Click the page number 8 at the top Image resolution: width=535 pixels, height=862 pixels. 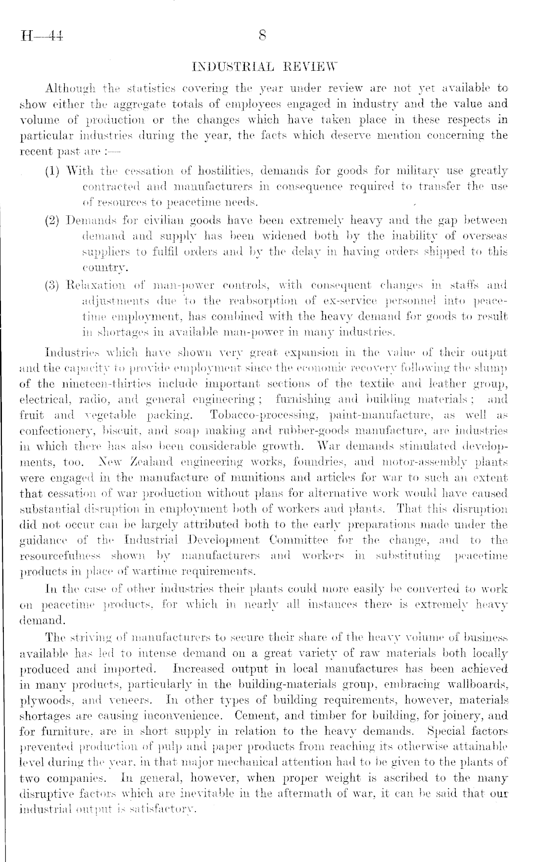(262, 36)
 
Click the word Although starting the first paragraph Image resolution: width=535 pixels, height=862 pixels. (71, 89)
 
